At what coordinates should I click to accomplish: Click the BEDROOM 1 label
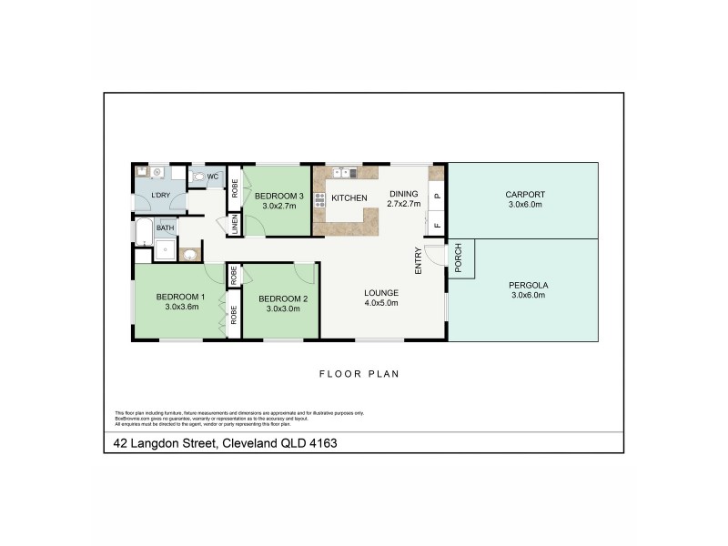[179, 297]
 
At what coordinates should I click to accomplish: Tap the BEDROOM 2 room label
[283, 298]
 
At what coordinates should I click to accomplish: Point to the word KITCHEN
[349, 197]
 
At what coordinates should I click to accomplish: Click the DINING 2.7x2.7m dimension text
[405, 205]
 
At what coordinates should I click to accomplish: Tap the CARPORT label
[523, 194]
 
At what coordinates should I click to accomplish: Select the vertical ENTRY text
[419, 260]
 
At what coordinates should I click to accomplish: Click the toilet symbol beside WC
[198, 177]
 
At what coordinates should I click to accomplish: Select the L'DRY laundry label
[160, 197]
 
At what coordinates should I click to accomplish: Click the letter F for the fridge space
[436, 225]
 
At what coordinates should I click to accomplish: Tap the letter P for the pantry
[436, 195]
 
